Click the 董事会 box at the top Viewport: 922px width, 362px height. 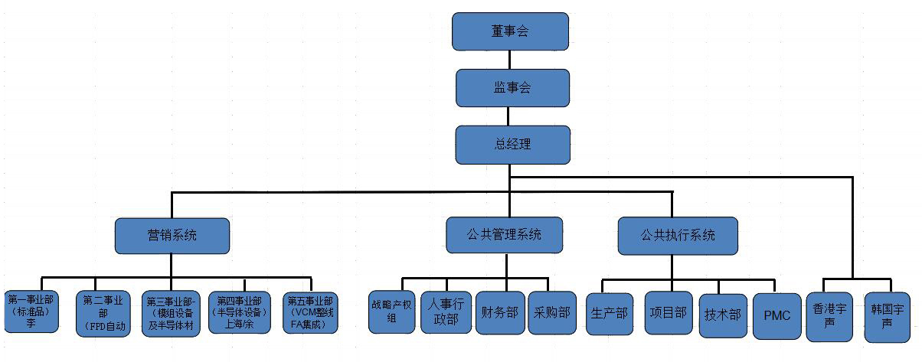pyautogui.click(x=510, y=31)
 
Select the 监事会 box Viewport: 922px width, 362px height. pyautogui.click(x=512, y=88)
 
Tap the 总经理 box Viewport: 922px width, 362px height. pyautogui.click(x=512, y=144)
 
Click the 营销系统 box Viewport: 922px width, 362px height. pyautogui.click(x=172, y=236)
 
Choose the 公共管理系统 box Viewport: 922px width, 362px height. pyautogui.click(x=505, y=235)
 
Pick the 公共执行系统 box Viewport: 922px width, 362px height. pyautogui.click(x=678, y=236)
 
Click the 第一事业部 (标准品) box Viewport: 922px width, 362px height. pyautogui.click(x=31, y=312)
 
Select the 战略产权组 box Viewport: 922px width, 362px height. pyautogui.click(x=392, y=312)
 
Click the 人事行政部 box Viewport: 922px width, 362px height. pyautogui.click(x=446, y=312)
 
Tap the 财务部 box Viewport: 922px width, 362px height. pyautogui.click(x=499, y=312)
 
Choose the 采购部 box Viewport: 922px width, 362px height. pyautogui.click(x=552, y=312)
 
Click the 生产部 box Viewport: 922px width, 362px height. pyautogui.click(x=610, y=313)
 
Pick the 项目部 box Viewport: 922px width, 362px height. pyautogui.click(x=669, y=313)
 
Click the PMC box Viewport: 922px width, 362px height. pyautogui.click(x=777, y=315)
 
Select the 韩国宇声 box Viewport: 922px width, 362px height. pyautogui.click(x=887, y=315)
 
